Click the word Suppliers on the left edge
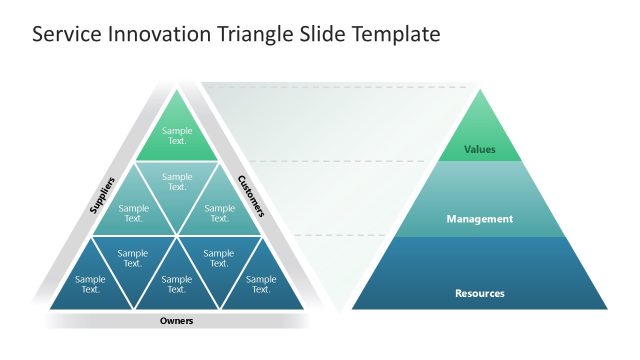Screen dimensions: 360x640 click(x=102, y=195)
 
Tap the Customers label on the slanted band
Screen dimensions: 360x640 click(x=251, y=196)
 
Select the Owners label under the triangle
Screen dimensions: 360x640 click(x=177, y=321)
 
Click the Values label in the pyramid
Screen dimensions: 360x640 click(x=480, y=150)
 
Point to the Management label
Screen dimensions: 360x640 click(x=480, y=219)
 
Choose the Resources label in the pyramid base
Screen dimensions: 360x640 click(x=480, y=293)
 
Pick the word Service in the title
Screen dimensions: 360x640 click(x=64, y=34)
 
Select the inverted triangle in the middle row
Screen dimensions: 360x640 click(x=177, y=182)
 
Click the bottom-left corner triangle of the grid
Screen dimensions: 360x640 click(x=91, y=285)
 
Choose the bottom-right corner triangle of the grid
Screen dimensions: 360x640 click(x=261, y=285)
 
